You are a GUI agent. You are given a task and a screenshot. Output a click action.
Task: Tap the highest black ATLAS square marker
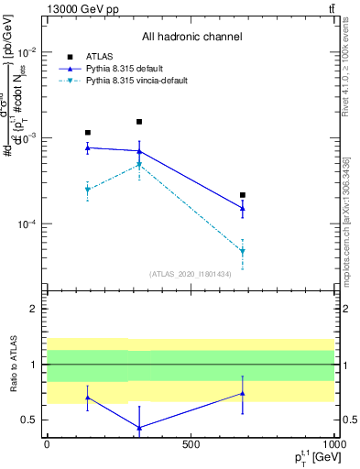(139, 122)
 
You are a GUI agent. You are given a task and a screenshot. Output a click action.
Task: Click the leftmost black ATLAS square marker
(88, 133)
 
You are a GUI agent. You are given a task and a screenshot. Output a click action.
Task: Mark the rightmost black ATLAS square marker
(243, 195)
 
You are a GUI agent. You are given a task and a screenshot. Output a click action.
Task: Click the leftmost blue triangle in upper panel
(88, 147)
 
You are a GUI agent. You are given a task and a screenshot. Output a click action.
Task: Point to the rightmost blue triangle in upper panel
(243, 208)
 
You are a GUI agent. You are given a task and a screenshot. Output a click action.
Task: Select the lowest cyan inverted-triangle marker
(243, 251)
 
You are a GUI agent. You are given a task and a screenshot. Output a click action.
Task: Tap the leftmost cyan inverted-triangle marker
(88, 190)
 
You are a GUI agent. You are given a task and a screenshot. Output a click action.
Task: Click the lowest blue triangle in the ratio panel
(139, 428)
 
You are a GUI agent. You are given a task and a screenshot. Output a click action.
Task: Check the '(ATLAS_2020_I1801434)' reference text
(191, 273)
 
